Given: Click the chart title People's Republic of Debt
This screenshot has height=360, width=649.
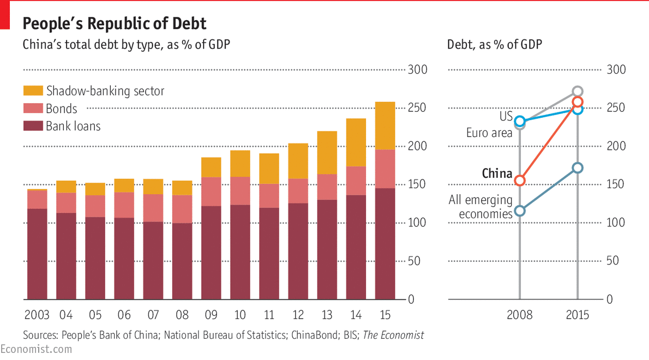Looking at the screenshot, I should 114,23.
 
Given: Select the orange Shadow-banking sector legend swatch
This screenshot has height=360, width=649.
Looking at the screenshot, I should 33,91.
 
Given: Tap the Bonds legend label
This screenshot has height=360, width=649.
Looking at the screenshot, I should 62,109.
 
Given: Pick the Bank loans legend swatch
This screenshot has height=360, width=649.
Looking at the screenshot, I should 33,126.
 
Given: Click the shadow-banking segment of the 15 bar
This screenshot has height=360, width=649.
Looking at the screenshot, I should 385,125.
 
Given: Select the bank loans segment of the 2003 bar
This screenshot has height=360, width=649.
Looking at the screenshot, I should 37,254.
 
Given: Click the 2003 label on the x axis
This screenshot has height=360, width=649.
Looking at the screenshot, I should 37,315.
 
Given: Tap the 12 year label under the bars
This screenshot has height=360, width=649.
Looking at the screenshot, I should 298,315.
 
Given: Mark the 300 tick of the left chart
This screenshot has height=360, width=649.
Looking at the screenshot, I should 418,70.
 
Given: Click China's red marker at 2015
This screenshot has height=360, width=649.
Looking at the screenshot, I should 578,101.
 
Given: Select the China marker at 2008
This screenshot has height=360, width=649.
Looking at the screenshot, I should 520,180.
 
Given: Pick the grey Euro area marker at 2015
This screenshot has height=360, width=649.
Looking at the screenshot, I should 578,91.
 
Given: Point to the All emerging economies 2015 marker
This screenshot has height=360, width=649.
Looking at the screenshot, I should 578,167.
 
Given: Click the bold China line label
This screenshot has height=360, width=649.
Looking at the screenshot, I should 497,174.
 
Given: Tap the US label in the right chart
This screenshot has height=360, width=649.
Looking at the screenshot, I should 506,116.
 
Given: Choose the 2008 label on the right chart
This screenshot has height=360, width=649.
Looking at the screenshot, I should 519,315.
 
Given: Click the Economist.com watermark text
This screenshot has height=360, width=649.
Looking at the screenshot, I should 35,349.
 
